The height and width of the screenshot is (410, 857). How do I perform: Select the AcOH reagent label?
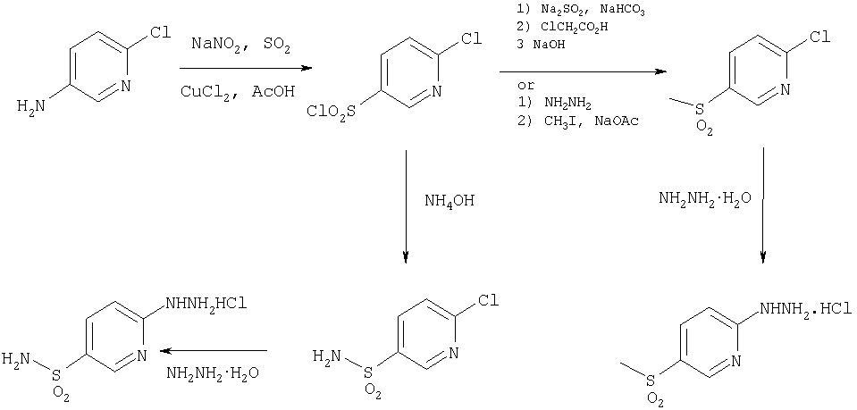tap(273, 91)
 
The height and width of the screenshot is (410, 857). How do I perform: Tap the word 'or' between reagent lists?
tap(526, 86)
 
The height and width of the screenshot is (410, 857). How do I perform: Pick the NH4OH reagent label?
tap(450, 202)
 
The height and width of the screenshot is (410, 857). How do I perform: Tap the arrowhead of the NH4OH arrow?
tap(406, 257)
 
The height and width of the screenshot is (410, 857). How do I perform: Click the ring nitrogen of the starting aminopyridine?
tap(125, 86)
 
